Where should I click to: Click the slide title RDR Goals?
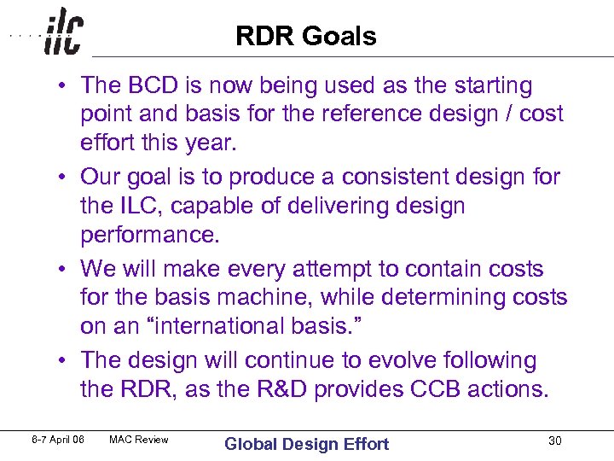coord(305,36)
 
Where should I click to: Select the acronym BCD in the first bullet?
coord(146,85)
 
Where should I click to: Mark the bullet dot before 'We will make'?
coord(65,270)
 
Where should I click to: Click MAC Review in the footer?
coord(139,440)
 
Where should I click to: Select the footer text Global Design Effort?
coord(306,443)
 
